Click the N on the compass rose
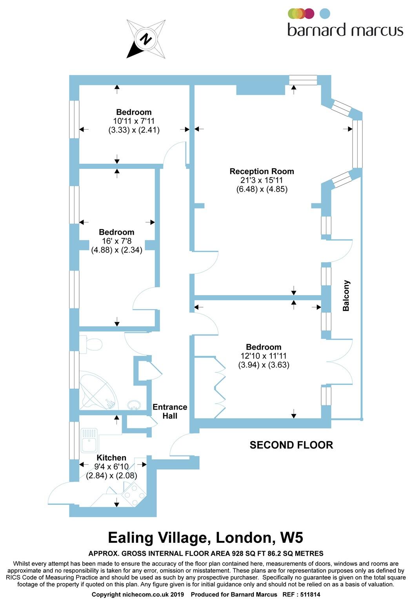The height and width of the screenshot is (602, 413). pyautogui.click(x=146, y=39)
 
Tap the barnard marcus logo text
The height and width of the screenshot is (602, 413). pyautogui.click(x=345, y=30)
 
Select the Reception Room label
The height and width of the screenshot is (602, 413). pyautogui.click(x=262, y=171)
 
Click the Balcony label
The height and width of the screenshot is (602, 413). pyautogui.click(x=346, y=296)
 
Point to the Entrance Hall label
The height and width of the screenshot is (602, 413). pyautogui.click(x=169, y=412)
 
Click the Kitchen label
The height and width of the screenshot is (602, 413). pyautogui.click(x=111, y=458)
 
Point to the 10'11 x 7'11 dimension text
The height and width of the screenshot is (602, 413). pyautogui.click(x=134, y=121)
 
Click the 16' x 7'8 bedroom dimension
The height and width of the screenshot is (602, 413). pyautogui.click(x=116, y=241)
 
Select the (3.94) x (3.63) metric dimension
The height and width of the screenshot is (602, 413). pyautogui.click(x=264, y=365)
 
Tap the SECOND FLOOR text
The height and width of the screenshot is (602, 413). pyautogui.click(x=291, y=445)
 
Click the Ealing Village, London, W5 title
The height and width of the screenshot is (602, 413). pyautogui.click(x=206, y=537)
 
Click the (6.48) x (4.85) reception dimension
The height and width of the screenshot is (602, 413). pyautogui.click(x=262, y=189)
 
